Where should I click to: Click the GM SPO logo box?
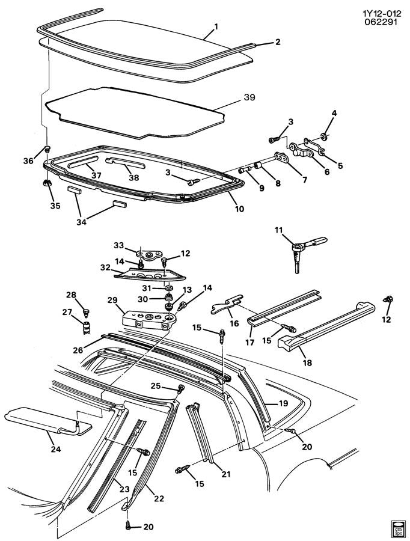[x=397, y=527]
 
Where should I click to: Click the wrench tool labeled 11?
[x=304, y=247]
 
